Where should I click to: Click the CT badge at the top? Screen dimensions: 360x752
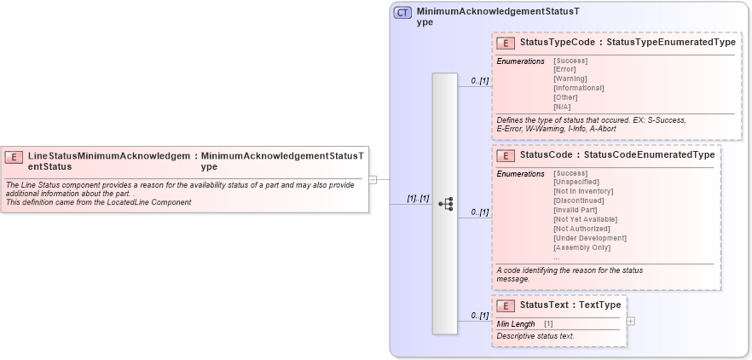tap(402, 13)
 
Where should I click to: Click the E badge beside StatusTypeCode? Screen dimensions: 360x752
tap(506, 43)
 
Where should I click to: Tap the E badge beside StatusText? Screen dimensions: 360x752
tap(506, 305)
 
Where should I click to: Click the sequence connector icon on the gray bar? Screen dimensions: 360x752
tap(445, 204)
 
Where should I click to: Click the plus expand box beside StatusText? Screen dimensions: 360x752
tap(630, 321)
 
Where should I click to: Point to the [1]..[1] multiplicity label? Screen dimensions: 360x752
tap(417, 198)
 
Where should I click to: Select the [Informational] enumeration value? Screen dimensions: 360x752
tap(579, 88)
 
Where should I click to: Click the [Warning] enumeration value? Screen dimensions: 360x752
tap(570, 78)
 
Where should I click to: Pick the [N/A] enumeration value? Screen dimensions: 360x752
tap(563, 107)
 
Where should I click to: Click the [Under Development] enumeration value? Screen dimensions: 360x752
tap(590, 238)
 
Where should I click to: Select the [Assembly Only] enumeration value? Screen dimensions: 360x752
tap(582, 247)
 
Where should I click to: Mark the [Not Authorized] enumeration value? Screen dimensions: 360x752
tap(581, 229)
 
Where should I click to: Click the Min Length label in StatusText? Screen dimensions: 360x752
tap(516, 324)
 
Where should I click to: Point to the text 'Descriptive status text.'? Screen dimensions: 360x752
tap(535, 336)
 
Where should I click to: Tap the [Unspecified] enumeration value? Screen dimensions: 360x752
tap(576, 182)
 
